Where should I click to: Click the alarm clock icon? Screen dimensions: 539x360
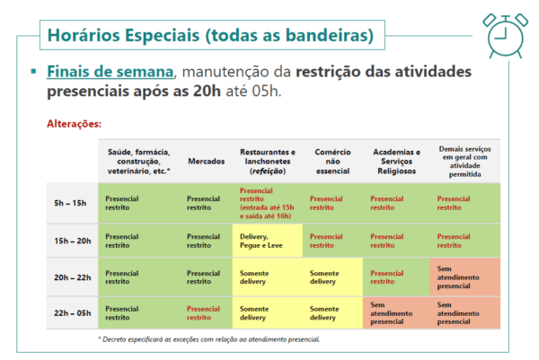click(x=505, y=36)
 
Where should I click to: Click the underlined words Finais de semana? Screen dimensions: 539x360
click(x=110, y=72)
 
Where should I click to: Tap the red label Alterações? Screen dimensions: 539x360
click(x=75, y=124)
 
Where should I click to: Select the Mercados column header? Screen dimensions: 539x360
click(x=207, y=161)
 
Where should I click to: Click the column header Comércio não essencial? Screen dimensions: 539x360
click(x=332, y=161)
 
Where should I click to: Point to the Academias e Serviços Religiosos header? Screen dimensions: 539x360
click(x=397, y=161)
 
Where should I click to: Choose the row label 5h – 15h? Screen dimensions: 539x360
click(x=70, y=203)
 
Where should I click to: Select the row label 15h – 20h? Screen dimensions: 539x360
click(x=73, y=241)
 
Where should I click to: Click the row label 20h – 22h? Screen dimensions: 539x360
click(x=73, y=277)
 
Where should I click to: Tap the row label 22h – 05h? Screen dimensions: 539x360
click(x=73, y=313)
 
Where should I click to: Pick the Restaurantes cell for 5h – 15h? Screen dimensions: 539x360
click(x=267, y=203)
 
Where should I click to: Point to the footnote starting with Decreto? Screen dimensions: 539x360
click(x=209, y=339)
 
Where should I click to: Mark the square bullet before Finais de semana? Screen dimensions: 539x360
click(x=33, y=72)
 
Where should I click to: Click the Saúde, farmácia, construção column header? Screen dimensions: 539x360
click(x=139, y=161)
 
